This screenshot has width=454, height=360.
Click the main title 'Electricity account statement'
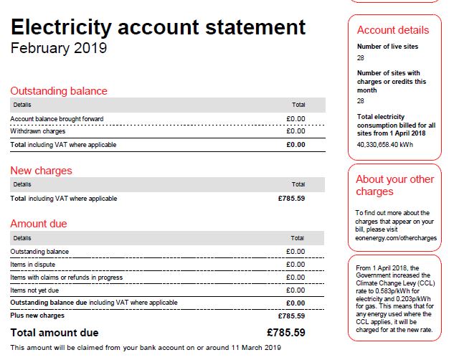pyautogui.click(x=158, y=27)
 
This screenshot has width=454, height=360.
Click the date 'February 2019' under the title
pyautogui.click(x=59, y=49)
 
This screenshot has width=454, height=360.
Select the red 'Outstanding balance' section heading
pyautogui.click(x=59, y=91)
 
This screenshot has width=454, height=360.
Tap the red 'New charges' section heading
pyautogui.click(x=41, y=171)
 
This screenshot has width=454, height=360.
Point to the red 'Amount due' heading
pyautogui.click(x=39, y=224)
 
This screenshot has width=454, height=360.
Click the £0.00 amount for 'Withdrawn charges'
pyautogui.click(x=295, y=131)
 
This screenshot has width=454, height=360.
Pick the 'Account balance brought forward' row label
pyautogui.click(x=57, y=118)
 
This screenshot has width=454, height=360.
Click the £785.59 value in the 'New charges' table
pyautogui.click(x=291, y=198)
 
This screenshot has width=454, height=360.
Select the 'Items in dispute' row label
pyautogui.click(x=33, y=264)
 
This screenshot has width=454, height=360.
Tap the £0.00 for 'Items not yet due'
pyautogui.click(x=295, y=290)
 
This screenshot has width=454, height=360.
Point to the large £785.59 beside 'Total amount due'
pyautogui.click(x=285, y=333)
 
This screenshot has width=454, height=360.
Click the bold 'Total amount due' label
pyautogui.click(x=55, y=333)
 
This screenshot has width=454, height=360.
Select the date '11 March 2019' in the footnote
pyautogui.click(x=253, y=348)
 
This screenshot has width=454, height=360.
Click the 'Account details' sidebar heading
pyautogui.click(x=393, y=30)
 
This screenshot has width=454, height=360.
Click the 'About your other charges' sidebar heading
pyautogui.click(x=395, y=185)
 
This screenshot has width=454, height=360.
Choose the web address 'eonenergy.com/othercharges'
pyautogui.click(x=396, y=238)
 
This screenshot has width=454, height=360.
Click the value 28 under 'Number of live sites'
pyautogui.click(x=361, y=57)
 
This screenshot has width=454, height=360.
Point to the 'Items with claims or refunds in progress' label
pyautogui.click(x=66, y=277)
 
